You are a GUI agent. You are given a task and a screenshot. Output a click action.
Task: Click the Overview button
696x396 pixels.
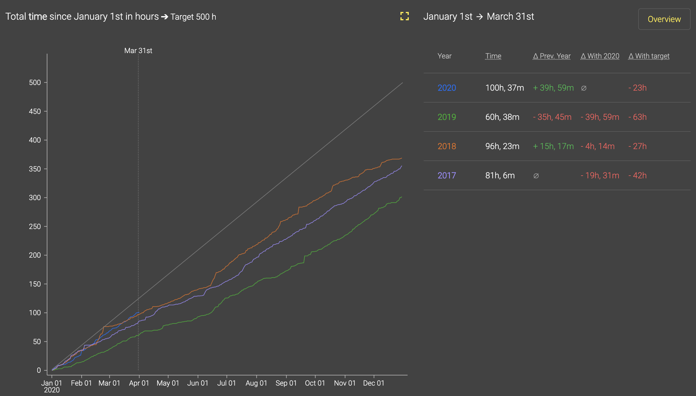pyautogui.click(x=664, y=19)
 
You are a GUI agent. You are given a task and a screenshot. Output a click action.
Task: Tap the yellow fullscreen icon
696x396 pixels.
pyautogui.click(x=404, y=16)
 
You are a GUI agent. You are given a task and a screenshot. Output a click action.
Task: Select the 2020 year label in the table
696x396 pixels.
pyautogui.click(x=447, y=88)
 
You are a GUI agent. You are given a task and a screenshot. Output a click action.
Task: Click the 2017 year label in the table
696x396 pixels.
pyautogui.click(x=447, y=175)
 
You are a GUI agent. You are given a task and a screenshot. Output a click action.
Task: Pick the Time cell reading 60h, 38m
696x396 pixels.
pyautogui.click(x=502, y=117)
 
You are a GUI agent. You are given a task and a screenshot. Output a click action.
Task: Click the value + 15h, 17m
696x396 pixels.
pyautogui.click(x=553, y=146)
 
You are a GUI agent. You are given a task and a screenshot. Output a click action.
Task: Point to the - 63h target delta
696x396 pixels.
pyautogui.click(x=637, y=117)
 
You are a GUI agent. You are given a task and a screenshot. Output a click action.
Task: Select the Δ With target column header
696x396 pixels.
pyautogui.click(x=649, y=56)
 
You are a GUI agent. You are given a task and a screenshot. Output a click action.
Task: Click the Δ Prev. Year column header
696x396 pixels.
pyautogui.click(x=551, y=56)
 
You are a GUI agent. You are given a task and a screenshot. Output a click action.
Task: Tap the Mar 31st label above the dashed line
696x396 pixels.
pyautogui.click(x=138, y=51)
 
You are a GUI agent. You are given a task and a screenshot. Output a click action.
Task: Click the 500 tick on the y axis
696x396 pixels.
pyautogui.click(x=35, y=83)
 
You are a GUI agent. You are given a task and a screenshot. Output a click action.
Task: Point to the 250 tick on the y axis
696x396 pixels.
pyautogui.click(x=35, y=227)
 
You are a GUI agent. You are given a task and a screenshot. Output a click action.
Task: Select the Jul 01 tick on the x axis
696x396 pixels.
pyautogui.click(x=226, y=383)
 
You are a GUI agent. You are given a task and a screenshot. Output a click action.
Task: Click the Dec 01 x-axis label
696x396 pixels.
pyautogui.click(x=374, y=383)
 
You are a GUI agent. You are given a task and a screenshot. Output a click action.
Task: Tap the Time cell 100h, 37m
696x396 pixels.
pyautogui.click(x=504, y=88)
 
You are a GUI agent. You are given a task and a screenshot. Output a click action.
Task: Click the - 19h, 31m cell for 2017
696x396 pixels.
pyautogui.click(x=600, y=175)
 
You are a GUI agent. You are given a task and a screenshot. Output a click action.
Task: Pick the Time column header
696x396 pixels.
pyautogui.click(x=493, y=56)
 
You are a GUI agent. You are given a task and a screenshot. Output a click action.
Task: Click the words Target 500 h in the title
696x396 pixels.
pyautogui.click(x=193, y=17)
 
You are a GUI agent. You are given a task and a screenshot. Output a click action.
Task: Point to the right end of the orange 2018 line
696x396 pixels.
pyautogui.click(x=401, y=158)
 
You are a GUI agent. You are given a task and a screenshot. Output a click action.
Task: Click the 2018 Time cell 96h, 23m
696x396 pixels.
pyautogui.click(x=502, y=146)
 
